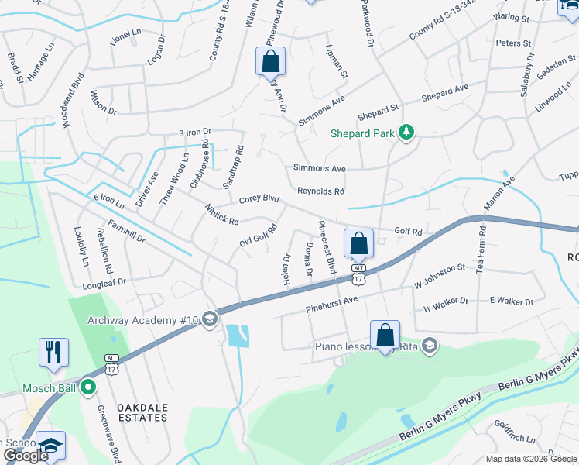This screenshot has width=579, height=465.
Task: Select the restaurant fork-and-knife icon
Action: [53, 353]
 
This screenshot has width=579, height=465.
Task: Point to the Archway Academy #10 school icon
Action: [209, 320]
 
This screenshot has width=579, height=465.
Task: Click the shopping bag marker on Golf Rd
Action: [359, 243]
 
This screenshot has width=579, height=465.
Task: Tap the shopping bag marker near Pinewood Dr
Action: [271, 61]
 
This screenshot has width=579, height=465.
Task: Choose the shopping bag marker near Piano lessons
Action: [385, 335]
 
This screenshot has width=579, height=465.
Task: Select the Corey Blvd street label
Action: [259, 198]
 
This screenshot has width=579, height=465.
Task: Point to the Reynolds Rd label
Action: [320, 191]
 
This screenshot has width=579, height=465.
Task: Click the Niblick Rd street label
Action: [221, 215]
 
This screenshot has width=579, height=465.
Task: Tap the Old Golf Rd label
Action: [259, 236]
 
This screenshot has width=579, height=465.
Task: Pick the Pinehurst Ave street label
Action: [331, 300]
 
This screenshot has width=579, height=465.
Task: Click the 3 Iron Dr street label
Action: [194, 133]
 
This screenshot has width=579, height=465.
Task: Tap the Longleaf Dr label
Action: [105, 285]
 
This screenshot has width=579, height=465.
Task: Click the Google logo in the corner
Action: [26, 456]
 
